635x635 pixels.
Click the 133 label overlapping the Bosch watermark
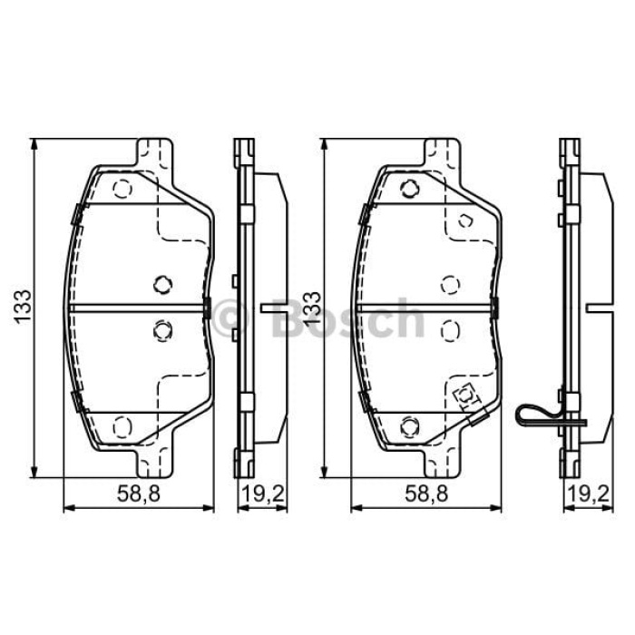click(312, 308)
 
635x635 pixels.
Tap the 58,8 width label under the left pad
click(138, 494)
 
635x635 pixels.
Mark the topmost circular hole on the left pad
click(122, 190)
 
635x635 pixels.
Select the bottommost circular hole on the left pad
click(122, 425)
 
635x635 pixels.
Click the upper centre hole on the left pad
click(162, 285)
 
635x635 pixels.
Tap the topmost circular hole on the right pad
click(409, 190)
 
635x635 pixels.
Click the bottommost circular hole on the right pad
click(409, 425)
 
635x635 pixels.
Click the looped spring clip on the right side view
click(541, 415)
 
